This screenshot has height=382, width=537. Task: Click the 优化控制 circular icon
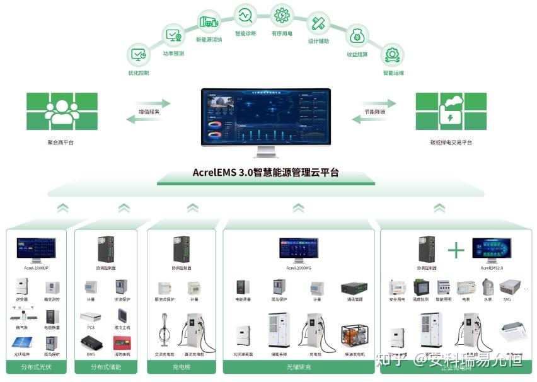[139, 54]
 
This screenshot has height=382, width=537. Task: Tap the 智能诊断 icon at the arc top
[245, 14]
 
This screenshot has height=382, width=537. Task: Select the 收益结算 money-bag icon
[357, 35]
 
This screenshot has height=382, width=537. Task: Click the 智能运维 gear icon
[393, 54]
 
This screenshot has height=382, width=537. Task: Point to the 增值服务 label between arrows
[149, 111]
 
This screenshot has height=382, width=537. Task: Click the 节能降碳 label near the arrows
[374, 111]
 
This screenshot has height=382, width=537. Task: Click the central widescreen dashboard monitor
[266, 117]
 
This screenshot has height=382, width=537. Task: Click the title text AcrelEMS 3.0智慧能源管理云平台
[265, 171]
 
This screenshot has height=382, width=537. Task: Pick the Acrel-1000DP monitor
[37, 250]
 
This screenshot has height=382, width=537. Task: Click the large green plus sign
[456, 250]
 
